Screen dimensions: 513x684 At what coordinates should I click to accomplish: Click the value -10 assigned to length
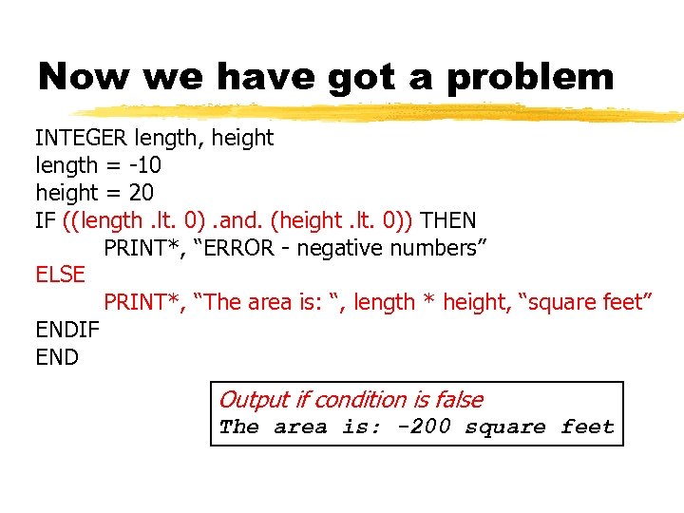142,165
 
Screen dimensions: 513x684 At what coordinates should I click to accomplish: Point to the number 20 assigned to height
141,193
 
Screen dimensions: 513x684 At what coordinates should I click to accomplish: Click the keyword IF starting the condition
45,220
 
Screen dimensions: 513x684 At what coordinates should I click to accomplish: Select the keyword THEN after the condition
448,220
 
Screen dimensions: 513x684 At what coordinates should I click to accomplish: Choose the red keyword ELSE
60,275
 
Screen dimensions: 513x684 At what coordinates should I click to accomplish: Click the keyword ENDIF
66,330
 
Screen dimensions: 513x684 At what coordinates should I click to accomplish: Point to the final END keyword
57,357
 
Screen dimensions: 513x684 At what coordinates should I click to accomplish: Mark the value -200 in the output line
424,427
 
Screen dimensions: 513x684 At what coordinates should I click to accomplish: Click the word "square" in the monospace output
505,427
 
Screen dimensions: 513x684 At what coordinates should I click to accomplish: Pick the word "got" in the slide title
368,78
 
